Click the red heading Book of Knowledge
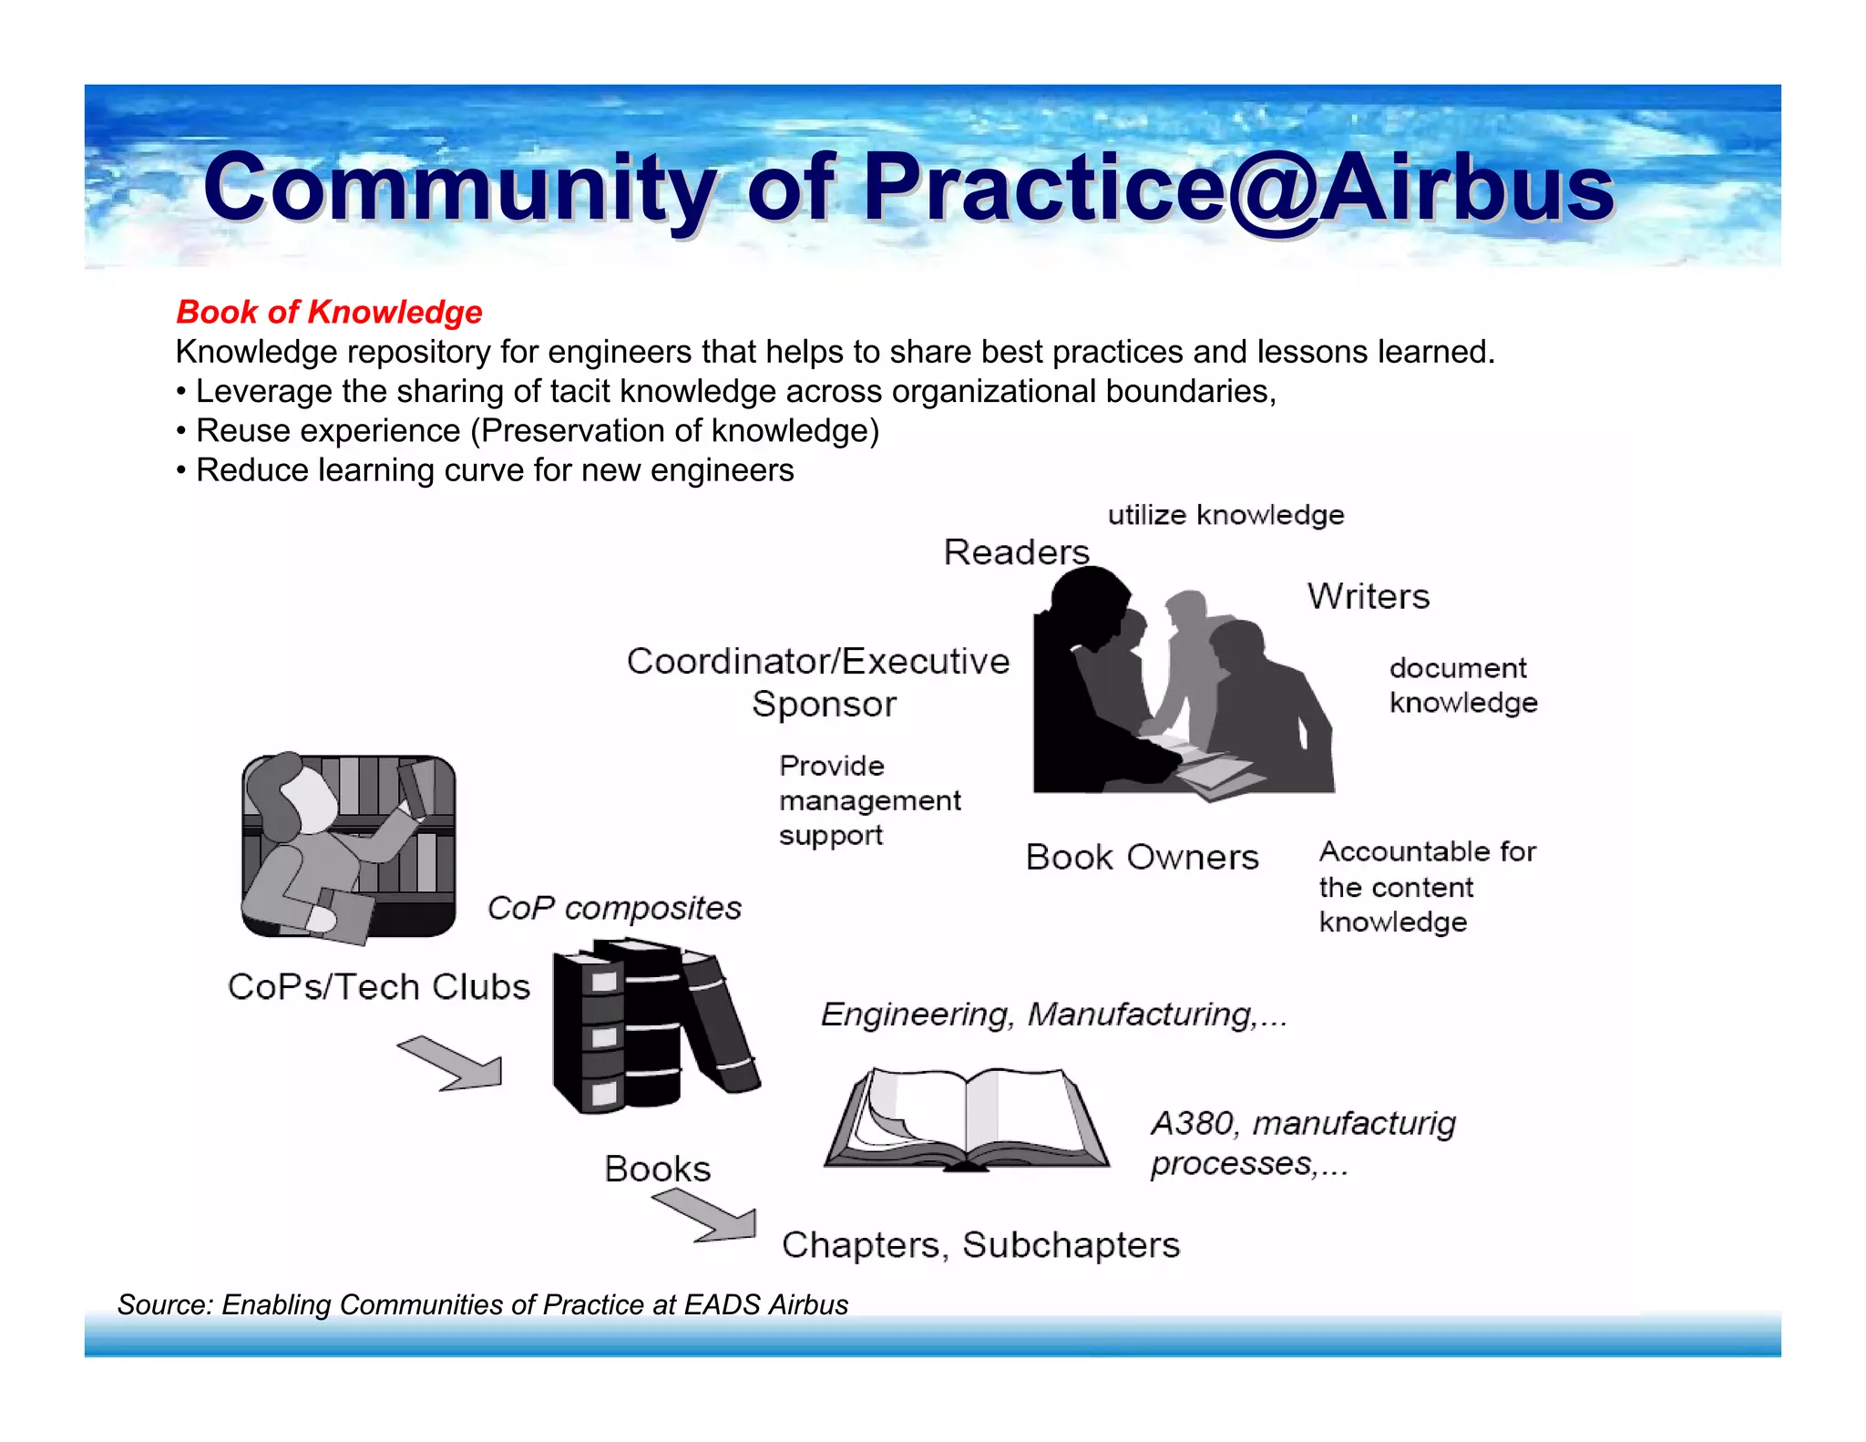(329, 312)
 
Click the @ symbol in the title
(1273, 190)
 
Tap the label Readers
(1016, 552)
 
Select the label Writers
(1368, 596)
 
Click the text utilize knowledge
(1225, 515)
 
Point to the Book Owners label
(1142, 857)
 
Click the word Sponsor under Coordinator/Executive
(824, 705)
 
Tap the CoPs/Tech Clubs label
(378, 987)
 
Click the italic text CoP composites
(614, 908)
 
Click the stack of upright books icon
(652, 1025)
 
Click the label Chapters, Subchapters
(980, 1245)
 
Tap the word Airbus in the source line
(808, 1304)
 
